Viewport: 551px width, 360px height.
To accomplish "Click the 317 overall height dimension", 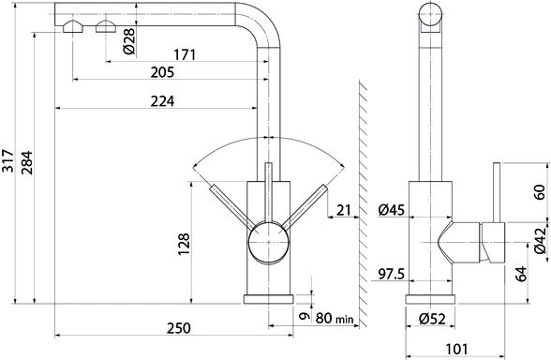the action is coord(7,161).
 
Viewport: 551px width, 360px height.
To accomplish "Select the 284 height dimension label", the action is coord(26,163).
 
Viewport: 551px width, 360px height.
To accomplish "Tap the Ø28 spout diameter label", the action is coord(129,41).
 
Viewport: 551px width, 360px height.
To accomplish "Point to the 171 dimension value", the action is coord(185,54).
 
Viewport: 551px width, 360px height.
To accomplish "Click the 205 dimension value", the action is coord(162,72).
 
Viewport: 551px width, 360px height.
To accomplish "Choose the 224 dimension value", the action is coord(162,101).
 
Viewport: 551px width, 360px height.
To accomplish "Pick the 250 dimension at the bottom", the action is coord(178,328).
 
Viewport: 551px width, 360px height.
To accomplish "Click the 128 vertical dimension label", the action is coord(184,244).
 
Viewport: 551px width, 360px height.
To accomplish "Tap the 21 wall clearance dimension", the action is coord(344,210).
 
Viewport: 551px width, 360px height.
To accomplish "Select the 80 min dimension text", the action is coord(335,318).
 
